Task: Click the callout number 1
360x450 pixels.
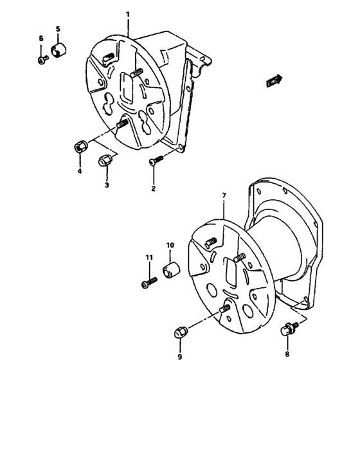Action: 127,14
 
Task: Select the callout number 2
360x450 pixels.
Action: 154,188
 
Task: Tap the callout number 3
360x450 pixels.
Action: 107,185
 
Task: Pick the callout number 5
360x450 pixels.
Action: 57,30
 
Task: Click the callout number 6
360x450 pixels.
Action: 40,39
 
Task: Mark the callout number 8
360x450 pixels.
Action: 287,353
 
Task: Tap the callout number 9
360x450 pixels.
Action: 179,355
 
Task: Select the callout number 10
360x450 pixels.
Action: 170,245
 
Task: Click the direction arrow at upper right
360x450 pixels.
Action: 274,80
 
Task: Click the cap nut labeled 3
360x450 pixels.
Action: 104,161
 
